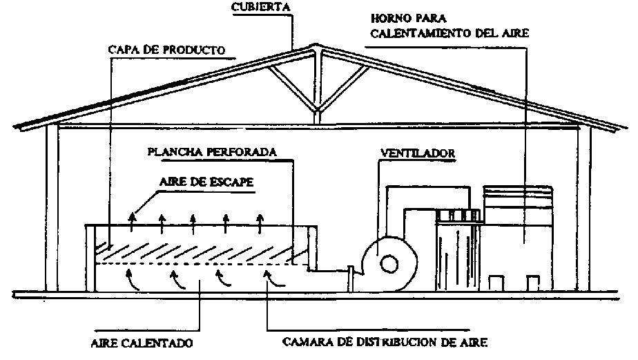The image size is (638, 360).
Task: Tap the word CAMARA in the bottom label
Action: pyautogui.click(x=304, y=342)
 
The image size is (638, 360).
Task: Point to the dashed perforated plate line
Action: pyautogui.click(x=200, y=263)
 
